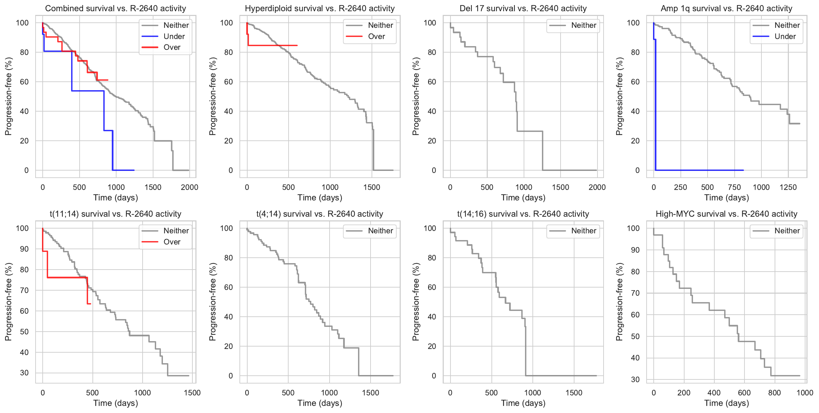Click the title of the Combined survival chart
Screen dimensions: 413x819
[115, 8]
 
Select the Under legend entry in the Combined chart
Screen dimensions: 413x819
[174, 36]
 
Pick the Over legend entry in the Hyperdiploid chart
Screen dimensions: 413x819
[376, 36]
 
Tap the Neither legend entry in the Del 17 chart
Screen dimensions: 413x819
[584, 25]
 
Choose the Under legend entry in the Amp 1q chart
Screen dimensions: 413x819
[785, 36]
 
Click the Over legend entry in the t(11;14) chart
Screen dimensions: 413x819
[172, 242]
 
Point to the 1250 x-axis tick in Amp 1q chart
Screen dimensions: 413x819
[788, 187]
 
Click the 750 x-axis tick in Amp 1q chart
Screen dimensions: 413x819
[734, 187]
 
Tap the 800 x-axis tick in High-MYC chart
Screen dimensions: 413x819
[774, 393]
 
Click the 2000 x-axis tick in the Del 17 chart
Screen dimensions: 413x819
[597, 187]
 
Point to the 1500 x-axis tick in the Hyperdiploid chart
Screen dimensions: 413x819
[372, 187]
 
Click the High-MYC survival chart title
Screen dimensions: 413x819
[726, 214]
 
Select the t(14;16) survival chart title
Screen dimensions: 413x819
[523, 214]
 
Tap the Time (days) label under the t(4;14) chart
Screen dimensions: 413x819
[320, 403]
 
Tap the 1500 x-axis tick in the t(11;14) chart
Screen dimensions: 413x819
[192, 393]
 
